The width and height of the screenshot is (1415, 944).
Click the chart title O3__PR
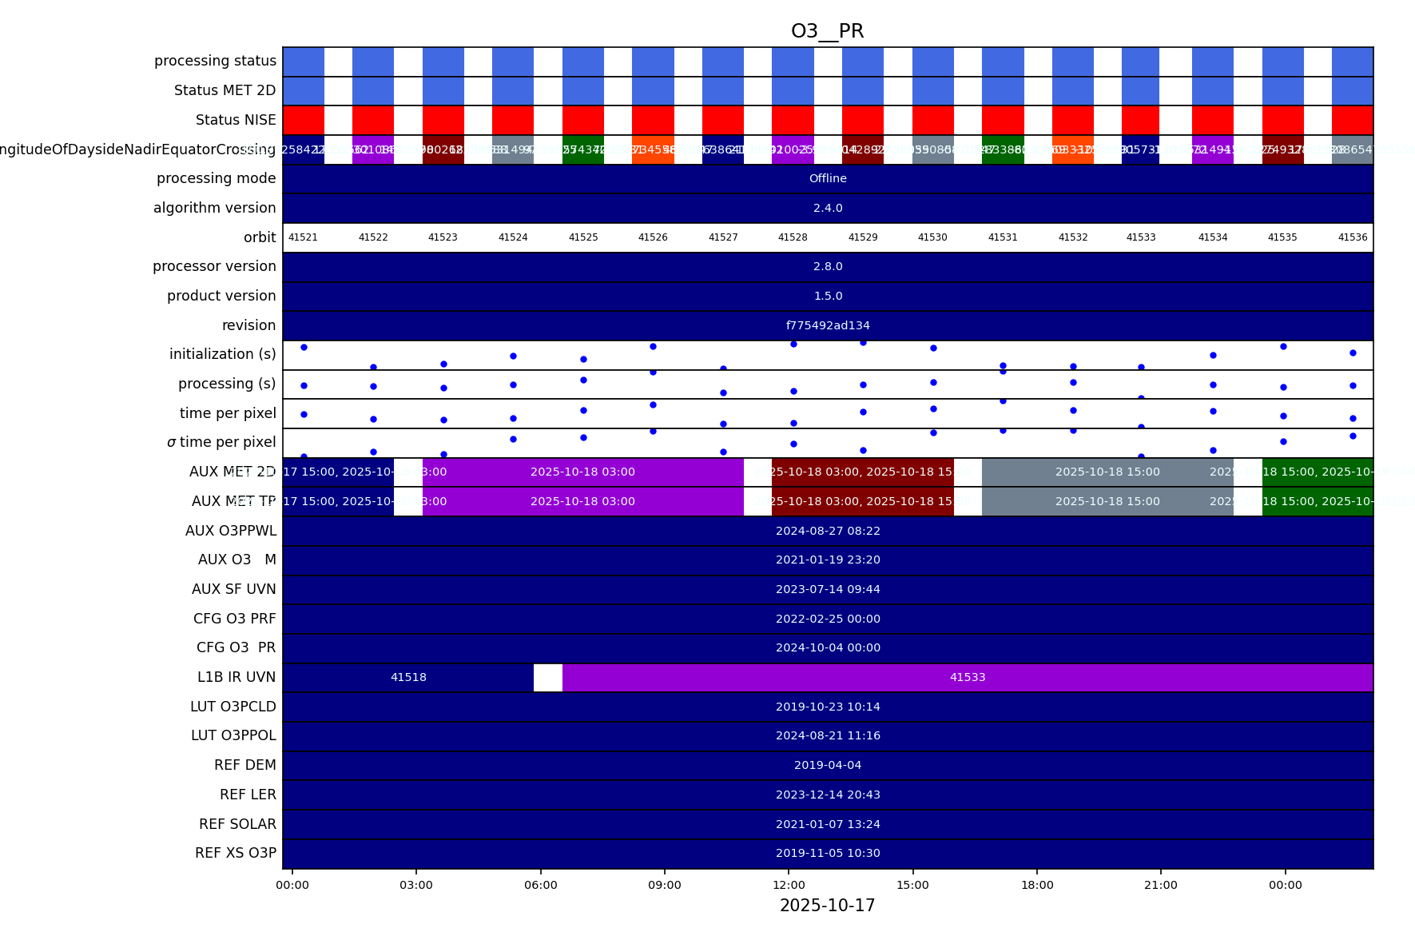coord(827,31)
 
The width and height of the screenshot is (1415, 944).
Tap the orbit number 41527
coord(723,237)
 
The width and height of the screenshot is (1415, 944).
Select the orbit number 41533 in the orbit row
coord(1141,237)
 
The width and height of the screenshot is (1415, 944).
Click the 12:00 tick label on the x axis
coord(789,885)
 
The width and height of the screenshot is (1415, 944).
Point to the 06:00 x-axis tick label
coord(540,885)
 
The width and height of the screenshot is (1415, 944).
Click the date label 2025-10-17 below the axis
coord(827,906)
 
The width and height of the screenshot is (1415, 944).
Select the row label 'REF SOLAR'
coord(237,824)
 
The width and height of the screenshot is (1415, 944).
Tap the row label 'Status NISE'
coord(236,120)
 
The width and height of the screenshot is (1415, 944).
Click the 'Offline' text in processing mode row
coord(828,178)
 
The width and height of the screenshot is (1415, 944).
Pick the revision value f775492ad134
coord(828,325)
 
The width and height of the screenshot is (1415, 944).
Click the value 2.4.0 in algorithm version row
coord(828,208)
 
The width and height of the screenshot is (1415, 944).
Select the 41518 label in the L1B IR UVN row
coord(408,677)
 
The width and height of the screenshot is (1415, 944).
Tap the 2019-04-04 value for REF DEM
coord(828,765)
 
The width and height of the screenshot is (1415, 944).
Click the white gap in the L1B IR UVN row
coord(548,677)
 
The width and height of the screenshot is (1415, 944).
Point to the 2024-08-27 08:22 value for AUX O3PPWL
coord(828,531)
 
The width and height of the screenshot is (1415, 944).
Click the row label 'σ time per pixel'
coord(221,442)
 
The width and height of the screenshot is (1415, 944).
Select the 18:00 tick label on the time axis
coord(1037,885)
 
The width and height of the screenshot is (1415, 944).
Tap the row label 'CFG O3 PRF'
coord(235,619)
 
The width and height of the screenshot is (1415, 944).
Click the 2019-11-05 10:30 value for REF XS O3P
coord(828,853)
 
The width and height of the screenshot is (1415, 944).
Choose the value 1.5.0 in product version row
coord(828,296)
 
